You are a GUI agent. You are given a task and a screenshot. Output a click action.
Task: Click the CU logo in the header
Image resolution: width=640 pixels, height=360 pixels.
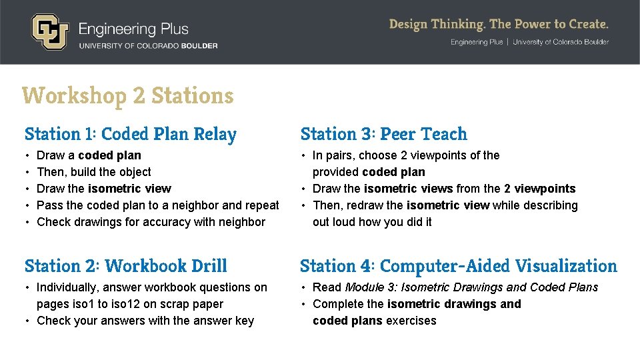[x=49, y=32]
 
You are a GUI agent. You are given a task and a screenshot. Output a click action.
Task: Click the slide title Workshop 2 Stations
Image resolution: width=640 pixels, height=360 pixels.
[x=127, y=96]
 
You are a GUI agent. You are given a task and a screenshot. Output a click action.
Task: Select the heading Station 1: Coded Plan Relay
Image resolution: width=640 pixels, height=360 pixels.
[x=131, y=134]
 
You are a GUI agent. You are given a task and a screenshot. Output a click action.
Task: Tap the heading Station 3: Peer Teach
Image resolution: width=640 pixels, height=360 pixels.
[x=384, y=134]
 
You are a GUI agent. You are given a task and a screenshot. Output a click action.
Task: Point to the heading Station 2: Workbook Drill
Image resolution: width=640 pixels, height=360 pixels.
[x=126, y=266]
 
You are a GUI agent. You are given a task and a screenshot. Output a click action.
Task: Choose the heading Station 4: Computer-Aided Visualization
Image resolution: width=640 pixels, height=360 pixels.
[x=459, y=266]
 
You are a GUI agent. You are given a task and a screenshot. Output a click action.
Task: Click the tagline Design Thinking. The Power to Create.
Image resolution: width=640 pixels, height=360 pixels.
[x=499, y=25]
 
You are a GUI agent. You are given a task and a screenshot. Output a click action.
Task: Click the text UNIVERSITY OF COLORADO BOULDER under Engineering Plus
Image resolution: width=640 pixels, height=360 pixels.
[x=148, y=45]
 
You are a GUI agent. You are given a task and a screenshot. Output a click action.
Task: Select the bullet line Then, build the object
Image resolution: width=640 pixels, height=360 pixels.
[x=94, y=172]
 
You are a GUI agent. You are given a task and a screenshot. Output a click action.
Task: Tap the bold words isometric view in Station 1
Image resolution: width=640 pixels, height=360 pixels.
[x=129, y=189]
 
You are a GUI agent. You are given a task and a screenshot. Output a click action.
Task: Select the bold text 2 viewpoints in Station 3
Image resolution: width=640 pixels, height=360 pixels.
[x=539, y=189]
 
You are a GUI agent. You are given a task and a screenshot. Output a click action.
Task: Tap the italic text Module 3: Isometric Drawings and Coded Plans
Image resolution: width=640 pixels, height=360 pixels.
[x=471, y=287]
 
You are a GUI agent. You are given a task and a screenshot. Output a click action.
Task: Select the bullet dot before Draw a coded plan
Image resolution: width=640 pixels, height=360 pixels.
[x=27, y=155]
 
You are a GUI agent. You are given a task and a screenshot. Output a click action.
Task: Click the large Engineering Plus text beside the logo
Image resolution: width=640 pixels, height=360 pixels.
[x=133, y=29]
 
